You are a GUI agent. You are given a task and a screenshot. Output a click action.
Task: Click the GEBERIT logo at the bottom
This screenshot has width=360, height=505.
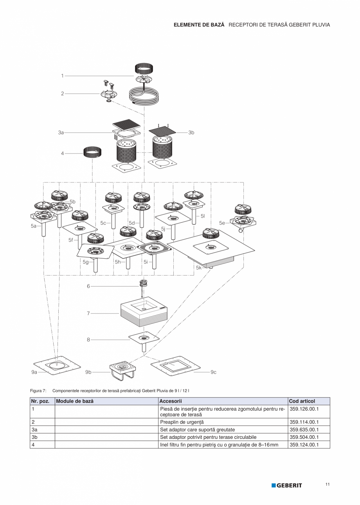click(287, 485)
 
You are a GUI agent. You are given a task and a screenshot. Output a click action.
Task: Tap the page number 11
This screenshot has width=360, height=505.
click(327, 485)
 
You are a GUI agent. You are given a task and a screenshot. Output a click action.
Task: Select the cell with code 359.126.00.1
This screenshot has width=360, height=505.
click(304, 409)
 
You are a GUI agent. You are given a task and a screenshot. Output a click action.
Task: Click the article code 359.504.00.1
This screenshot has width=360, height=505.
click(304, 437)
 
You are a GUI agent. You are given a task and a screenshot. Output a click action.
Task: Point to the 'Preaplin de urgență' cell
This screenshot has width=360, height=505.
click(182, 422)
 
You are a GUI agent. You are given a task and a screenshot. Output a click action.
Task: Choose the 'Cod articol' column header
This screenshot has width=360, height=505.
click(302, 401)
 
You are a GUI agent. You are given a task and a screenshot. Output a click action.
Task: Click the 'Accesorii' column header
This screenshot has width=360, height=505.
click(171, 401)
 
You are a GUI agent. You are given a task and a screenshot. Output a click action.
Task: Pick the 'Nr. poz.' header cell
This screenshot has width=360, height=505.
click(40, 401)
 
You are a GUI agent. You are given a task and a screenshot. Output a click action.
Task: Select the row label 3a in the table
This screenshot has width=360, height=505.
click(34, 430)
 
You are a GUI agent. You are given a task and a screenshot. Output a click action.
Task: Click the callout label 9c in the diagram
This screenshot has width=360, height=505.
click(213, 372)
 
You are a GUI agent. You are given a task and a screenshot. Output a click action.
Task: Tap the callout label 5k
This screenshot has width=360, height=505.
click(199, 268)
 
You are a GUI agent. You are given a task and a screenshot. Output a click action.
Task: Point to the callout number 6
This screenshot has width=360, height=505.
click(88, 286)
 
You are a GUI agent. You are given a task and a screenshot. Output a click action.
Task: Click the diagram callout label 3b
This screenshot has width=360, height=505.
click(191, 133)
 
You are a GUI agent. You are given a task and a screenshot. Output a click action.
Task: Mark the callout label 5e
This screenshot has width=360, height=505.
click(222, 223)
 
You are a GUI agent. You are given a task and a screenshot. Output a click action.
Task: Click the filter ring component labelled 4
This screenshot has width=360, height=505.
click(93, 151)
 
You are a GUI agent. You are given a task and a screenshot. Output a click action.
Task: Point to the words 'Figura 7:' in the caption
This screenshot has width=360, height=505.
click(38, 390)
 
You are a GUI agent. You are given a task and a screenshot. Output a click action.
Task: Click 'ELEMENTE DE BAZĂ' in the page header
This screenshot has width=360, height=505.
click(199, 25)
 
